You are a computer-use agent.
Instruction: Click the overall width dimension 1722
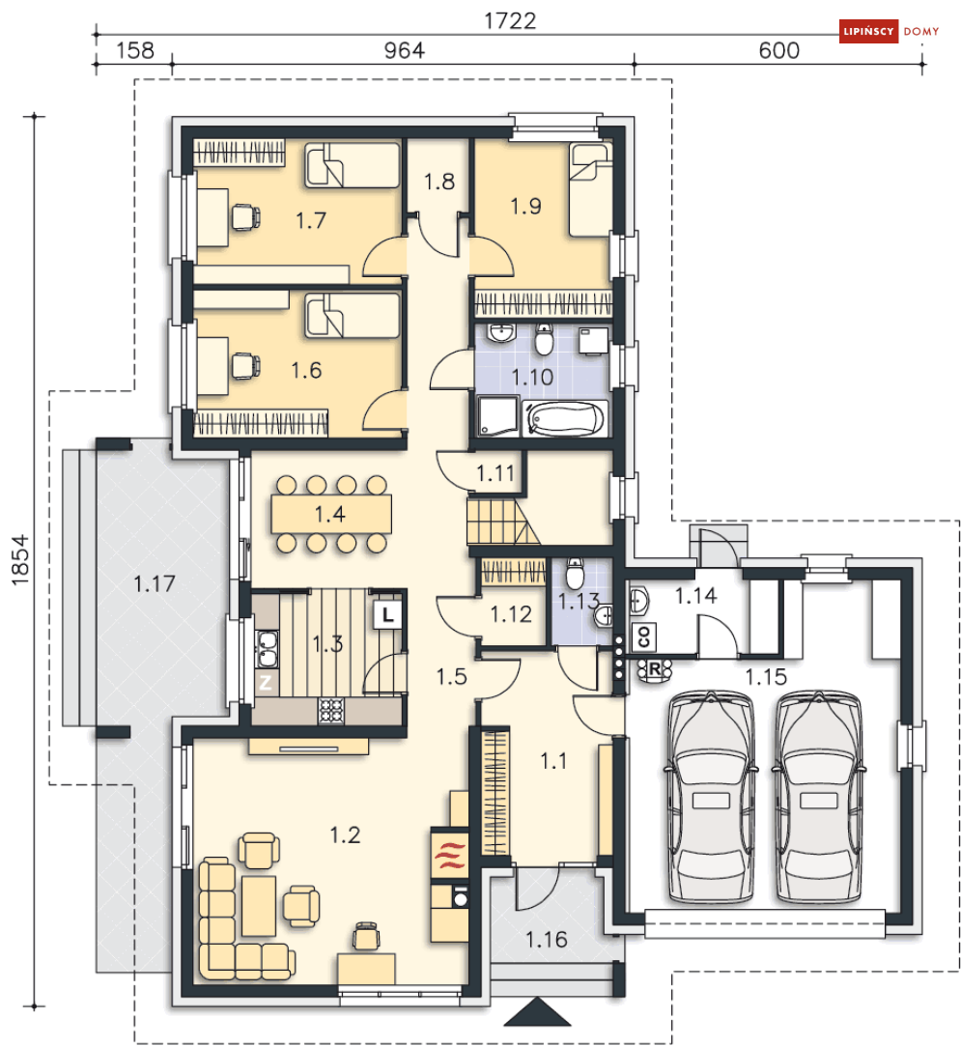coord(510,20)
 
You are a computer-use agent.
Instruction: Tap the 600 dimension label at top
coord(778,50)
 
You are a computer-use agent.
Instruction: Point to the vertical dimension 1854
coord(20,559)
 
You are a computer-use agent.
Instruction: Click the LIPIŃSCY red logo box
coord(868,31)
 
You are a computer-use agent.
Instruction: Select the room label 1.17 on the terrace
coord(155,584)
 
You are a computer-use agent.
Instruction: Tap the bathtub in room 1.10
coord(565,419)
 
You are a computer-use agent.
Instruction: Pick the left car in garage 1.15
coord(711,798)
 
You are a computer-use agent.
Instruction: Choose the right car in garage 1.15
coord(819,798)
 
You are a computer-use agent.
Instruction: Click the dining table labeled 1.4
coord(330,514)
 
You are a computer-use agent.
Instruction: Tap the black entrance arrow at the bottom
coord(537,1011)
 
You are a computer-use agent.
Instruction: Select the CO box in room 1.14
coord(644,637)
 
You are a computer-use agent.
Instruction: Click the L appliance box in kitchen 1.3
coord(387,614)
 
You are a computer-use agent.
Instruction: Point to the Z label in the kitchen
coord(266,683)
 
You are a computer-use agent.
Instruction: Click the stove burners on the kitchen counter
coord(331,711)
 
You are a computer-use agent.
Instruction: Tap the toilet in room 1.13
coord(575,574)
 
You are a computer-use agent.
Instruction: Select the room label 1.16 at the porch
coord(547,940)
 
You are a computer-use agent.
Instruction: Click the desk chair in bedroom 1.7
coord(244,216)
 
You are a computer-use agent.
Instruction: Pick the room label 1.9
coord(525,206)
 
